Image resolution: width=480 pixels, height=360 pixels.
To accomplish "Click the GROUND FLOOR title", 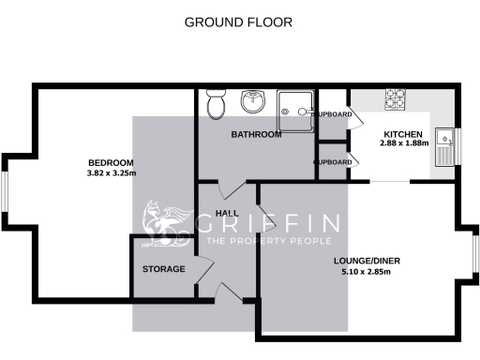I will [x=238, y=22].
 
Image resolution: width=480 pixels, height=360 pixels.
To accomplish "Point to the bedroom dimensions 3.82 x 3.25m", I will [x=112, y=173].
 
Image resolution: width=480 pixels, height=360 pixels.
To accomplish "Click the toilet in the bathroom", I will [x=216, y=104].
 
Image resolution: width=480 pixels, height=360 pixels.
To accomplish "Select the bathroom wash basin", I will [x=254, y=101].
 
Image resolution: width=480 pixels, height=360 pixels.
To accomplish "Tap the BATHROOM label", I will [x=256, y=135].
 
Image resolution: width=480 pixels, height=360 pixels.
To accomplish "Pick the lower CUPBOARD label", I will [x=333, y=162].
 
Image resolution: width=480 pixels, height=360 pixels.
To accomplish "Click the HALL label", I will [x=226, y=214].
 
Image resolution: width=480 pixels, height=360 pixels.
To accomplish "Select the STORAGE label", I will [x=163, y=269].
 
